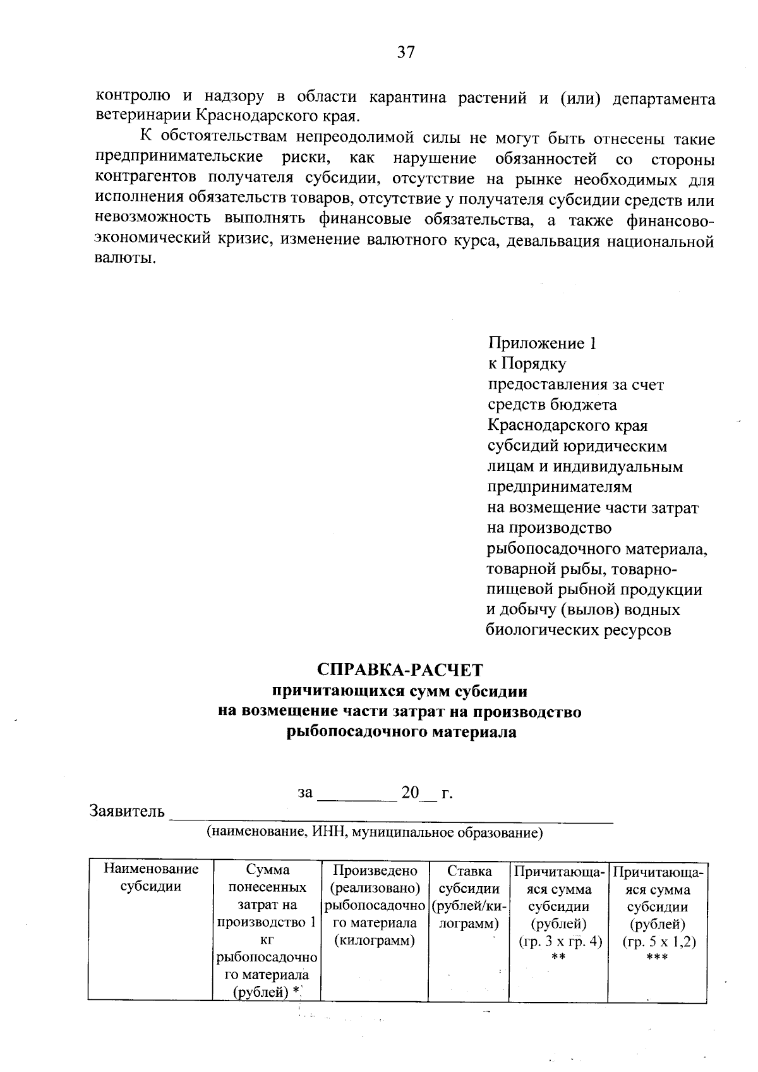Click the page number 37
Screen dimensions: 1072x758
(406, 52)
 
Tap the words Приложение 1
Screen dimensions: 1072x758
(542, 343)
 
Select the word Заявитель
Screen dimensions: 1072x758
(128, 810)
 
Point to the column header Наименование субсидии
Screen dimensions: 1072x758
(150, 877)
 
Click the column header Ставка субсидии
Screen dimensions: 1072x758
(469, 879)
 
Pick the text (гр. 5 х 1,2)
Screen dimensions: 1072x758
(658, 942)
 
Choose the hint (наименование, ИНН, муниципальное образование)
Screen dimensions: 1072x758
(375, 832)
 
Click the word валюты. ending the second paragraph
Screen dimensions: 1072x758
(125, 260)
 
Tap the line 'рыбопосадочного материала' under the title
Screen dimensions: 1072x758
(401, 733)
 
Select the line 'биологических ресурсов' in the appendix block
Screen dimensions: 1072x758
(577, 630)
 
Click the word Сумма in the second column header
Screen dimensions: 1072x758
(268, 870)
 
